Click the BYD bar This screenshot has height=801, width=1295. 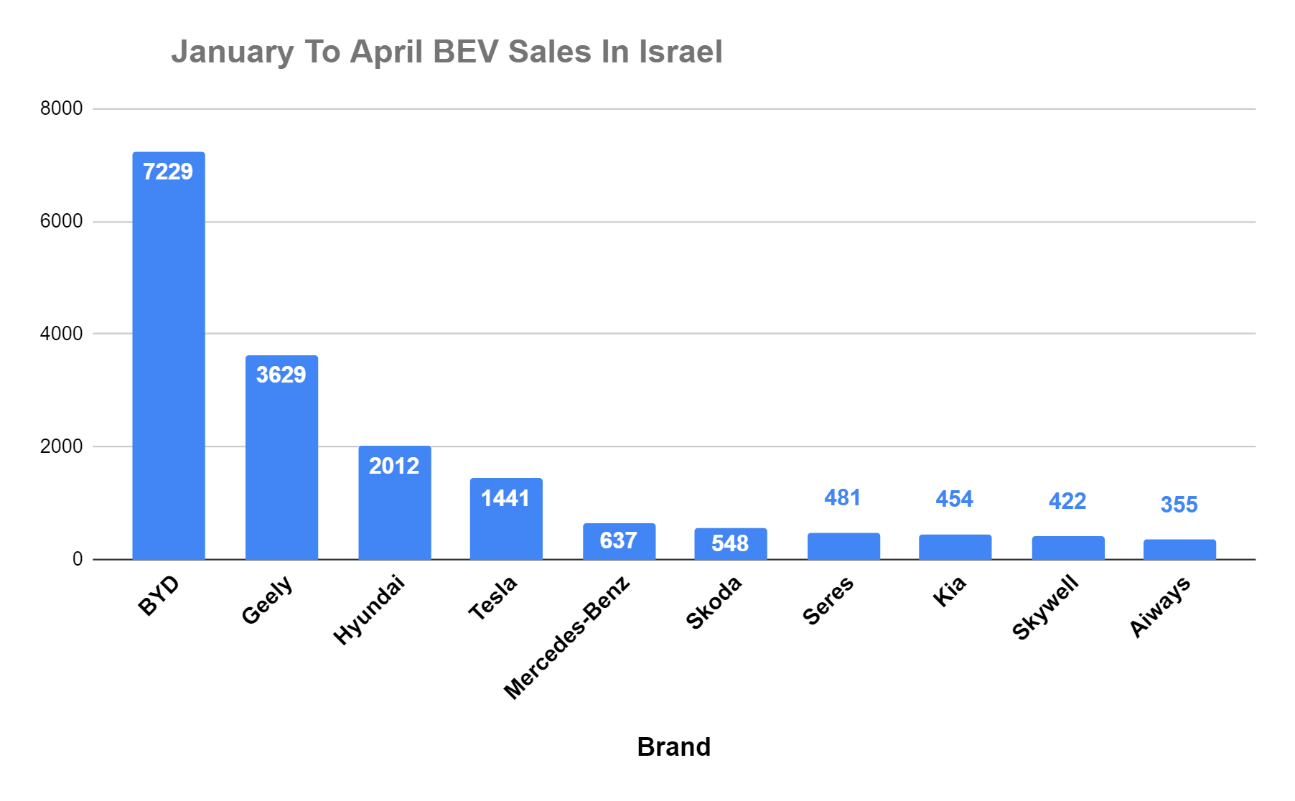[169, 355]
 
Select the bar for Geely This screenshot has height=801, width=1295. [281, 457]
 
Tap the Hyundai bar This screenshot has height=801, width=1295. [395, 502]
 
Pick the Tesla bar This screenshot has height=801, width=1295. [506, 518]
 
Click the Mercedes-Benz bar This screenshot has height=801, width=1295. [619, 541]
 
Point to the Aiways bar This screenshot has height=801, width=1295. [1179, 549]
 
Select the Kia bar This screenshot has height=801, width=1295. [955, 547]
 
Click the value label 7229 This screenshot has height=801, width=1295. [168, 172]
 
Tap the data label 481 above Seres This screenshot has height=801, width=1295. [842, 497]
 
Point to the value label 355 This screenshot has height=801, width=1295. [1179, 505]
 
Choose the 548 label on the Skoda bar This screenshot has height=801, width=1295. [730, 543]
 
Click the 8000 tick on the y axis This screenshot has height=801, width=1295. [62, 108]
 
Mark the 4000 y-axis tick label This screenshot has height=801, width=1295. [62, 334]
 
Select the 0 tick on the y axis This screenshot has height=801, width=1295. [78, 559]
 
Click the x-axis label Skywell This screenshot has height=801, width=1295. [1045, 607]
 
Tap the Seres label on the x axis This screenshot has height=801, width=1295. [828, 601]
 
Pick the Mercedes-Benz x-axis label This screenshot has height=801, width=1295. [567, 637]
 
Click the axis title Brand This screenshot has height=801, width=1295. [674, 747]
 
